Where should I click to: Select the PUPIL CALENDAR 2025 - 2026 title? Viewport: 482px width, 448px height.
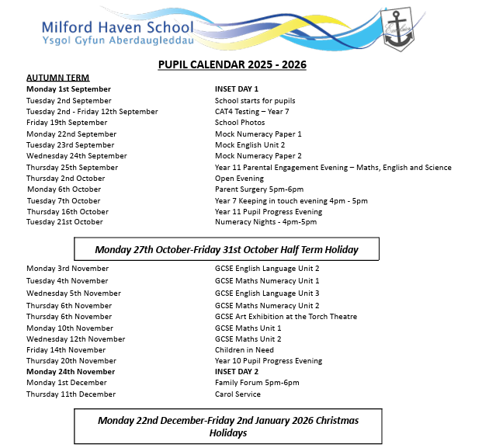coord(231,64)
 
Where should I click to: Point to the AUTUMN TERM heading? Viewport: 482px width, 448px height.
coord(57,78)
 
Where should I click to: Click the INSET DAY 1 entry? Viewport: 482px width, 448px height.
coord(236,89)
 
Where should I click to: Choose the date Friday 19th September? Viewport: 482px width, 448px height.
coord(67,123)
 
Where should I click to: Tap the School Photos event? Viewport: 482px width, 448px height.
coord(240,123)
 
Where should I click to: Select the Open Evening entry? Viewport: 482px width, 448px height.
coord(239,179)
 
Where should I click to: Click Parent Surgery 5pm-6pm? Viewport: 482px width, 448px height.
coord(258,189)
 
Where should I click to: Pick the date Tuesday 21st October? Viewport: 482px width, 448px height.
coord(64,222)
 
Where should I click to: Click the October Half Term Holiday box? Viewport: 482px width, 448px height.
coord(227,250)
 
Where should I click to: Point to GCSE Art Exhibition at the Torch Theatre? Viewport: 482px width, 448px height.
coord(286,317)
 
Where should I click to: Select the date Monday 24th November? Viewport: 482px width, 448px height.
coord(71,372)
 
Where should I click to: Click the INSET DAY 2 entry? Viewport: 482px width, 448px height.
coord(236,372)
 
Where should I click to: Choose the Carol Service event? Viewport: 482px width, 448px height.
coord(238,394)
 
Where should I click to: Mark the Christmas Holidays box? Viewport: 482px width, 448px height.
coord(227,426)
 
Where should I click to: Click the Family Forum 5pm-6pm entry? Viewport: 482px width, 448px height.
coord(256,383)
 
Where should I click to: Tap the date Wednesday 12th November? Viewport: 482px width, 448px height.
coord(75,339)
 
